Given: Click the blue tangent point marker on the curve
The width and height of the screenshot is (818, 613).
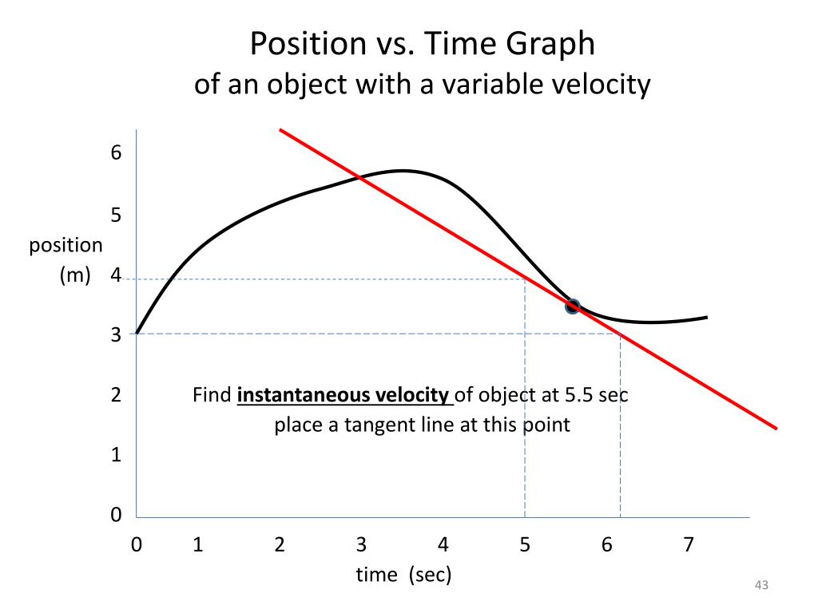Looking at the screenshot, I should tap(572, 306).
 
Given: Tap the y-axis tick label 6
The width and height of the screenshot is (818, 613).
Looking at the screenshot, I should tap(116, 152).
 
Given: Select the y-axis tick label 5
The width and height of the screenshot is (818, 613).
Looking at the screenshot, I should tap(116, 216).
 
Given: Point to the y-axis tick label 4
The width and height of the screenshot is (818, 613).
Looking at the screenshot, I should tap(116, 276).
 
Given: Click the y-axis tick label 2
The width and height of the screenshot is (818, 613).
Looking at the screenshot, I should tap(116, 395).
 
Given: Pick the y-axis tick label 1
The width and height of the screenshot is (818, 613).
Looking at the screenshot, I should tap(116, 455).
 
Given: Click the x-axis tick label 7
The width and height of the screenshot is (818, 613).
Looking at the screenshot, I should tap(688, 545).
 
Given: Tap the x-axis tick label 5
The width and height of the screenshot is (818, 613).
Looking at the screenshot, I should tap(525, 545).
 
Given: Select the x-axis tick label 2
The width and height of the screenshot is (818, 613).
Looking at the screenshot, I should tap(280, 545).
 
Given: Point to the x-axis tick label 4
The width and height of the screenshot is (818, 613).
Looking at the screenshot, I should tap(443, 545).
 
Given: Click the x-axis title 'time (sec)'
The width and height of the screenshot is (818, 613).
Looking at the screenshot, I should tap(404, 574).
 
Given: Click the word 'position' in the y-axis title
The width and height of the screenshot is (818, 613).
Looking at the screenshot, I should tap(66, 246).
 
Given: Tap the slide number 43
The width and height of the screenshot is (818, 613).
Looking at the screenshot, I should tap(760, 587).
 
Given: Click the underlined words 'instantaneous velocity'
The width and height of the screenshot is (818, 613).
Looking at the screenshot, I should tap(344, 395).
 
